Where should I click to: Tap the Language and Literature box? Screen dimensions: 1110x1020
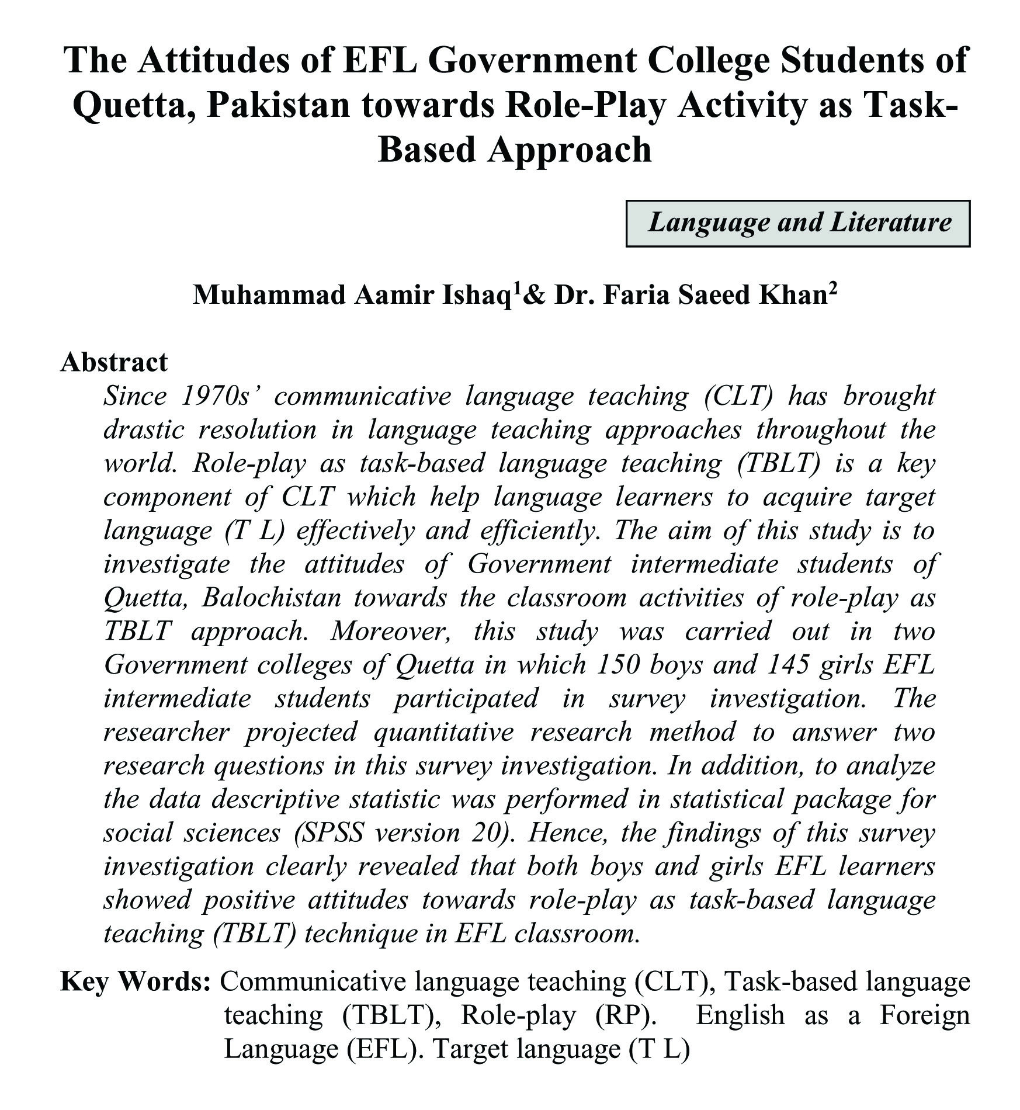coord(797,224)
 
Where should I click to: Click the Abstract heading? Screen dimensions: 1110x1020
coord(114,362)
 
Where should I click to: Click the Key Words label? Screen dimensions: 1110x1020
coord(135,982)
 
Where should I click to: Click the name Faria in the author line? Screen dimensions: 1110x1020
coord(636,296)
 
